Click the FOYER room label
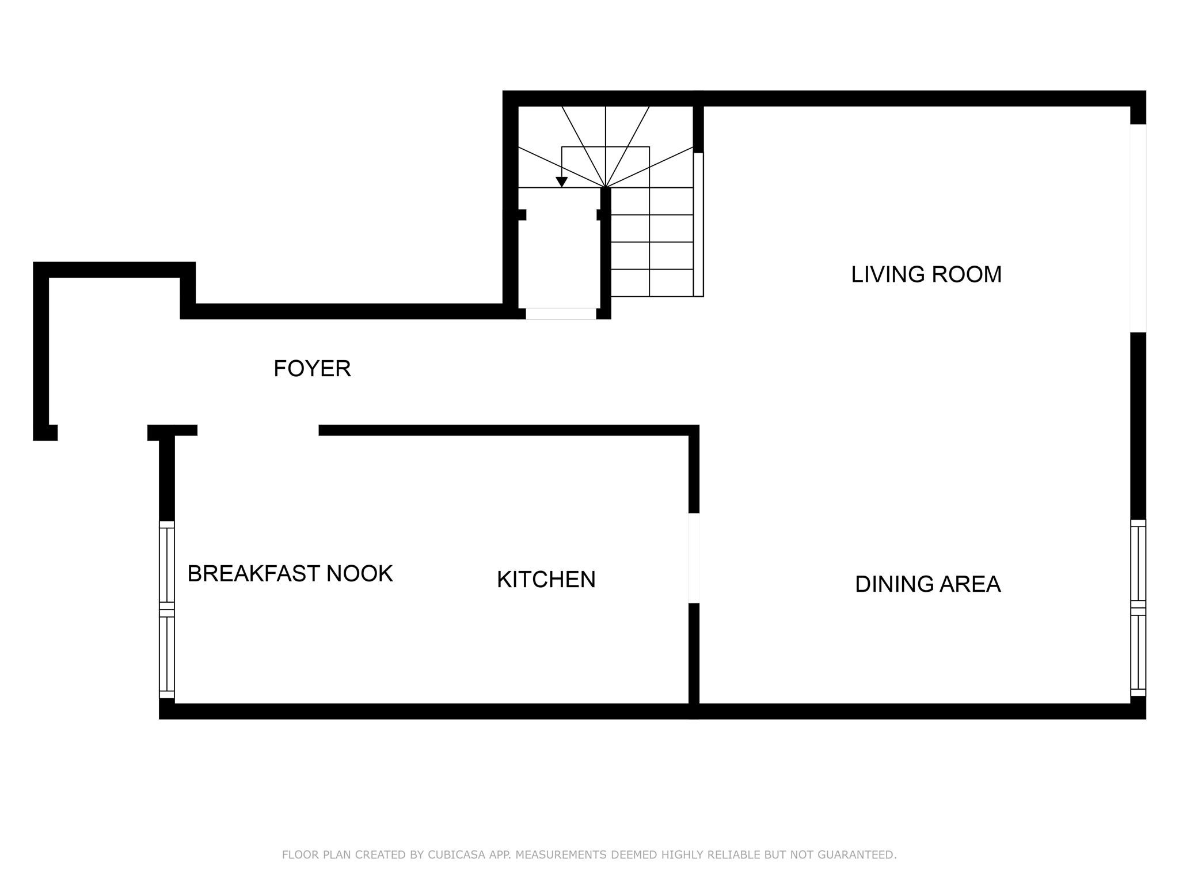pyautogui.click(x=312, y=369)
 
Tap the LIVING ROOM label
pyautogui.click(x=926, y=274)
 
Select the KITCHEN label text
pyautogui.click(x=546, y=580)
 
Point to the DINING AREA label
pyautogui.click(x=927, y=584)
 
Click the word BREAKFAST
pyautogui.click(x=253, y=574)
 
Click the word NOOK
pyautogui.click(x=360, y=574)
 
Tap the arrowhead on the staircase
pyautogui.click(x=562, y=182)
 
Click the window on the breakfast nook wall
pyautogui.click(x=166, y=610)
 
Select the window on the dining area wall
pyautogui.click(x=1138, y=608)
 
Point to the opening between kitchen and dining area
pyautogui.click(x=694, y=558)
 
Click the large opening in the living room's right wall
pyautogui.click(x=1138, y=228)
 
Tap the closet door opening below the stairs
pyautogui.click(x=561, y=314)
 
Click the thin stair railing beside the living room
pyautogui.click(x=698, y=225)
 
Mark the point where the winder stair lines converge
pyautogui.click(x=606, y=187)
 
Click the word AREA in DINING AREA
pyautogui.click(x=971, y=584)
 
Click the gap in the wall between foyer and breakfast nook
pyautogui.click(x=258, y=430)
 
